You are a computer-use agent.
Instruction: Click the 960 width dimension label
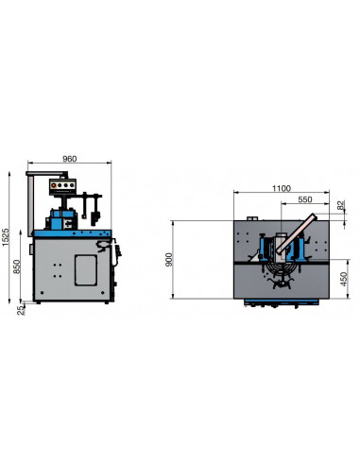pyautogui.click(x=69, y=159)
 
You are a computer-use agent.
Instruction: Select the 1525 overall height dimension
pyautogui.click(x=6, y=237)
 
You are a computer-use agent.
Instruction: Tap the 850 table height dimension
pyautogui.click(x=17, y=267)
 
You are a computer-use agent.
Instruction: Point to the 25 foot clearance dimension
pyautogui.click(x=21, y=310)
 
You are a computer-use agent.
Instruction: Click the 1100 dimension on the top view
pyautogui.click(x=282, y=188)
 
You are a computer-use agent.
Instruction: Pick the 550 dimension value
pyautogui.click(x=305, y=199)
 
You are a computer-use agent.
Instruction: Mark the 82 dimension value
pyautogui.click(x=341, y=205)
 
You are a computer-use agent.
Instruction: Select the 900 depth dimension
pyautogui.click(x=169, y=259)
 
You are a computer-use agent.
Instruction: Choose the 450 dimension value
pyautogui.click(x=344, y=279)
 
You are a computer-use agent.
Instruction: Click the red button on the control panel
pyautogui.click(x=54, y=185)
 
